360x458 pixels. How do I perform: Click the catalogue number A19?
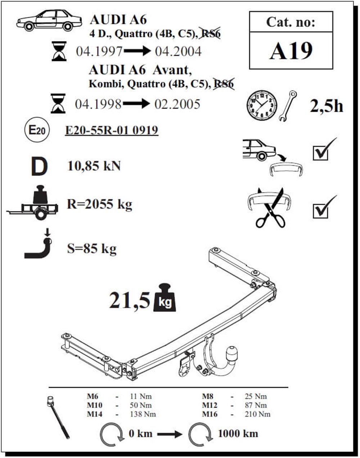tap(291, 51)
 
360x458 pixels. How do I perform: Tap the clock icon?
tap(262, 105)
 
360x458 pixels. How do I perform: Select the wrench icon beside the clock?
tap(288, 105)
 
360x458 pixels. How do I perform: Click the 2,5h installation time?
tap(327, 106)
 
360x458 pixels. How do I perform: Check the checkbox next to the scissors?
tap(320, 210)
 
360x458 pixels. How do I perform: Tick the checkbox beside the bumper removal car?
tap(320, 153)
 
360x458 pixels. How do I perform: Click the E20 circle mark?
tap(37, 130)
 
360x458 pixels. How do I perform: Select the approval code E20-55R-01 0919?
tap(112, 130)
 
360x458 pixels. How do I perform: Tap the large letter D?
tap(39, 167)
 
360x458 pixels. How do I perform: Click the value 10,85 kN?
tap(94, 166)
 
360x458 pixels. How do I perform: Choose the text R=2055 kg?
tap(99, 204)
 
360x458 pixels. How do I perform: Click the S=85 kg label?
tap(92, 248)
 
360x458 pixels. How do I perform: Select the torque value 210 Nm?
tap(257, 414)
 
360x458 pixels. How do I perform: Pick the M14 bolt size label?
tap(95, 414)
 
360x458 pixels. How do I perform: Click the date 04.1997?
tap(99, 51)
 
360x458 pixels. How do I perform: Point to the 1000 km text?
tap(238, 434)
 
